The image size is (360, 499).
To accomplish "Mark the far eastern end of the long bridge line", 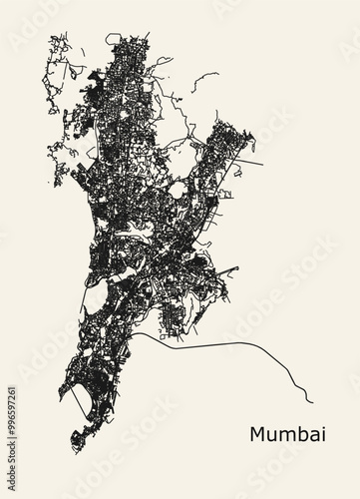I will coord(312,402).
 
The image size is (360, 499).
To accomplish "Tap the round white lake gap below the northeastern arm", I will coord(177,189).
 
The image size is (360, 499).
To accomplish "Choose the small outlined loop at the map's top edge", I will coord(113,39).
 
